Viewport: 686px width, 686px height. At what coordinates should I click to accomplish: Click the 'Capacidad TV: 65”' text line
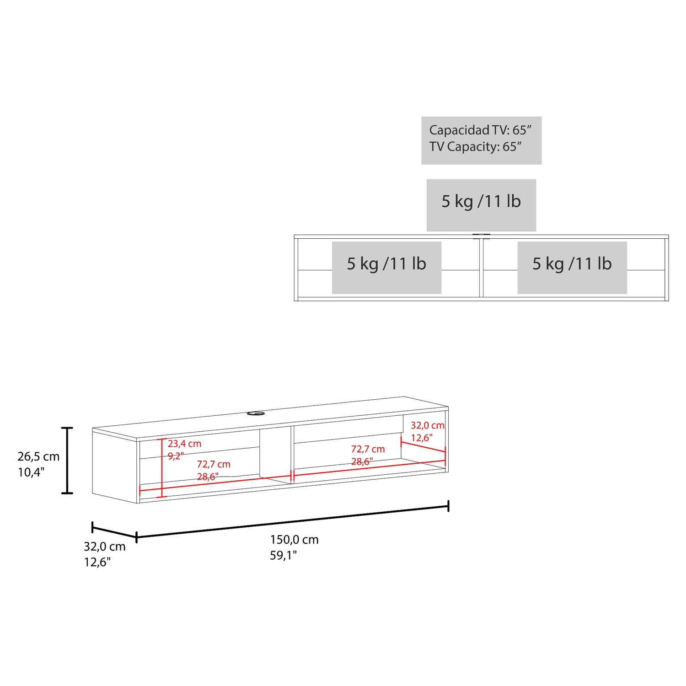point(480,130)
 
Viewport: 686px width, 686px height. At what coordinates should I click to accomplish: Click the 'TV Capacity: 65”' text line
point(475,147)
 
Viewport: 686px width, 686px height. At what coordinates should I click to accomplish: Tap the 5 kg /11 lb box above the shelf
point(481,202)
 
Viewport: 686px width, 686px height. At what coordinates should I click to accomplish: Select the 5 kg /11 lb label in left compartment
point(386,264)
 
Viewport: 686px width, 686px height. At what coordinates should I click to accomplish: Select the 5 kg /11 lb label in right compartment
point(572,264)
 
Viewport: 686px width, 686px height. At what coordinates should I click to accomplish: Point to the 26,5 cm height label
point(38,456)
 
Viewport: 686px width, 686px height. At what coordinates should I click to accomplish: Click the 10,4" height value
point(31,472)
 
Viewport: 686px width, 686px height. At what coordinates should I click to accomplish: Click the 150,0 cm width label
point(294,540)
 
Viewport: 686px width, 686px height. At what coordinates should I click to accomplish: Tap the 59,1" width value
point(283,555)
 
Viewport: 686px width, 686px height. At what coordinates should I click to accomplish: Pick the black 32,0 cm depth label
point(104,547)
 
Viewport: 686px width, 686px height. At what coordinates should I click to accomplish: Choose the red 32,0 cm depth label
point(427,425)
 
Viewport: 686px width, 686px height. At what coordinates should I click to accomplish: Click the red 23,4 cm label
point(184,444)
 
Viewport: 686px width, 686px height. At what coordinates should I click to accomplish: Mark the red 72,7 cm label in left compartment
point(214,464)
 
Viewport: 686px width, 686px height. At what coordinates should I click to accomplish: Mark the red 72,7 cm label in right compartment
point(368,449)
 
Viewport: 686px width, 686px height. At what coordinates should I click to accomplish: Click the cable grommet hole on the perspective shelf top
point(256,413)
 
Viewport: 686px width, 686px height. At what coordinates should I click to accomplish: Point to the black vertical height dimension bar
point(67,461)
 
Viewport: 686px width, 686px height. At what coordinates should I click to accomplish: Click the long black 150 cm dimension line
point(293,521)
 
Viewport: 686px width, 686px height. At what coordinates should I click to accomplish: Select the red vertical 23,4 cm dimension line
point(162,468)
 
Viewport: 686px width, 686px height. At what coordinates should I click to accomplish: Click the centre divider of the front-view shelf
point(481,268)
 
